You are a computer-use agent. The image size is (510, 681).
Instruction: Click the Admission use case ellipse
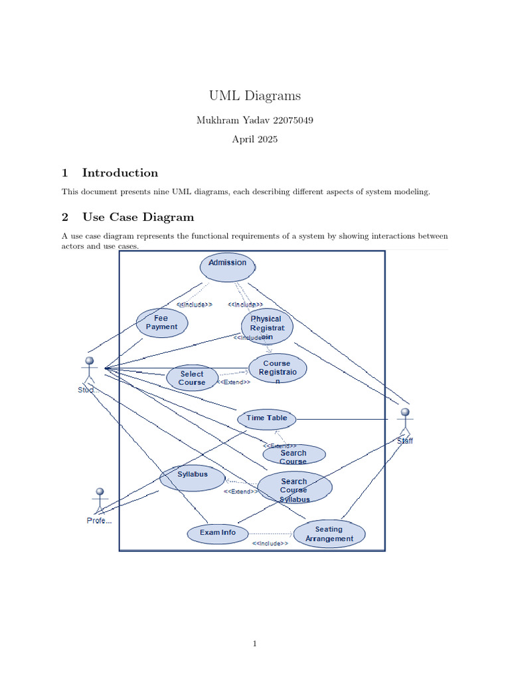[x=227, y=266]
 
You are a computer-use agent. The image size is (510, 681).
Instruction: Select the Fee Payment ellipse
[x=161, y=323]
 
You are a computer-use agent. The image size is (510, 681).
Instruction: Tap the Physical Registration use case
[x=267, y=326]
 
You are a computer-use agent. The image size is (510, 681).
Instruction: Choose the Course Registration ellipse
[x=278, y=368]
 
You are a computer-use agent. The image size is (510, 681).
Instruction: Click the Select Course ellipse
[x=192, y=378]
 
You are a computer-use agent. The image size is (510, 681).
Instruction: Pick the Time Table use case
[x=267, y=418]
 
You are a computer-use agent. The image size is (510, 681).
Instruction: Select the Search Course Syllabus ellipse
[x=294, y=487]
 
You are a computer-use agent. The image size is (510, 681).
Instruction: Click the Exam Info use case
[x=218, y=533]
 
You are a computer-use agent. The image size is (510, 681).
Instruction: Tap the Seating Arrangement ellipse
[x=329, y=534]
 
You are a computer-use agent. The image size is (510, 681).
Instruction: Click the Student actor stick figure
[x=88, y=370]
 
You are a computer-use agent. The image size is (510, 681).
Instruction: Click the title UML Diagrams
[x=255, y=96]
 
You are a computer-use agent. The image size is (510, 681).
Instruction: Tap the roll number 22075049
[x=289, y=120]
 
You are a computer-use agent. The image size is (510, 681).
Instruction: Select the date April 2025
[x=255, y=140]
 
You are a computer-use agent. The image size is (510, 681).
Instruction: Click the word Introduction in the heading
[x=120, y=173]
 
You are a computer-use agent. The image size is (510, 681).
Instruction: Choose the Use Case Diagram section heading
[x=138, y=217]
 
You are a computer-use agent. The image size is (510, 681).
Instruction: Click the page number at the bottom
[x=255, y=643]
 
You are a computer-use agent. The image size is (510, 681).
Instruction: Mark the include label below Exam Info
[x=270, y=543]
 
